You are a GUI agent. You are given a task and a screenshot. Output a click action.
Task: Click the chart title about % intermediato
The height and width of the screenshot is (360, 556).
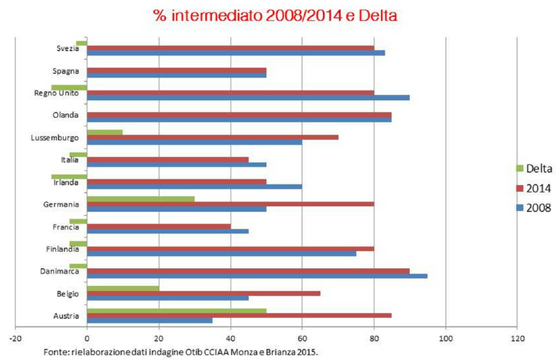coord(277,14)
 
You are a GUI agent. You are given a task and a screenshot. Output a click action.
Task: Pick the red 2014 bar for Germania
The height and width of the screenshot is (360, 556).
coord(230,204)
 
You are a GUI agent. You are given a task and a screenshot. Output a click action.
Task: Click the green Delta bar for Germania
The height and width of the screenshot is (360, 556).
coord(141,198)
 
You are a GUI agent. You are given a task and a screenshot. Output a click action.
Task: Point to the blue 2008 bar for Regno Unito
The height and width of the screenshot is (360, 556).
coord(248,97)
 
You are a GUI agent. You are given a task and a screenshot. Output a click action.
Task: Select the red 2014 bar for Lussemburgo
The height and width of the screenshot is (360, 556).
coord(212,137)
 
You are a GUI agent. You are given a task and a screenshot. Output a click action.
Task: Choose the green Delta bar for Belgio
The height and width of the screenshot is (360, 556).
coord(123,287)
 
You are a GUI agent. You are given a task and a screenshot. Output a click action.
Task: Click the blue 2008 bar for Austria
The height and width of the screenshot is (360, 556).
coord(150,320)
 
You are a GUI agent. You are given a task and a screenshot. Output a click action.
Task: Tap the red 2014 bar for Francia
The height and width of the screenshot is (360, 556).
coord(159,225)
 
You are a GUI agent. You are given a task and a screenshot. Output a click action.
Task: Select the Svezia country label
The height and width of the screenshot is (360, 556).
coord(69,49)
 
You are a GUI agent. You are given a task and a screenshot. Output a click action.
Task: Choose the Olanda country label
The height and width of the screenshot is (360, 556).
coord(67,115)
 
